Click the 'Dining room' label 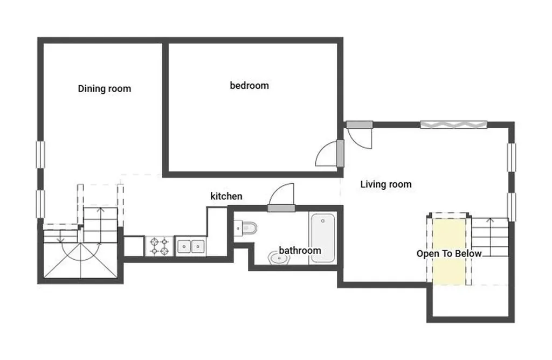coord(104,89)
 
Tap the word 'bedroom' coord(249,86)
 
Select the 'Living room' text coord(386,184)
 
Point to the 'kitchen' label coord(226,196)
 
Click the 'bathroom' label coord(300,251)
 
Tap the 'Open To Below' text coord(449,254)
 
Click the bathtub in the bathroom coord(322,238)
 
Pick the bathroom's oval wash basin coord(279,259)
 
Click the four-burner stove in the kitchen coord(160,246)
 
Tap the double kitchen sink coord(190,246)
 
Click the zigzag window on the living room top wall coord(454,124)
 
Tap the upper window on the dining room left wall coord(41,155)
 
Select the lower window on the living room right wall coord(511,207)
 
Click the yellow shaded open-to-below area coord(449,251)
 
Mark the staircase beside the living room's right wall coord(490,237)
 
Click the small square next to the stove coord(134,246)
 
